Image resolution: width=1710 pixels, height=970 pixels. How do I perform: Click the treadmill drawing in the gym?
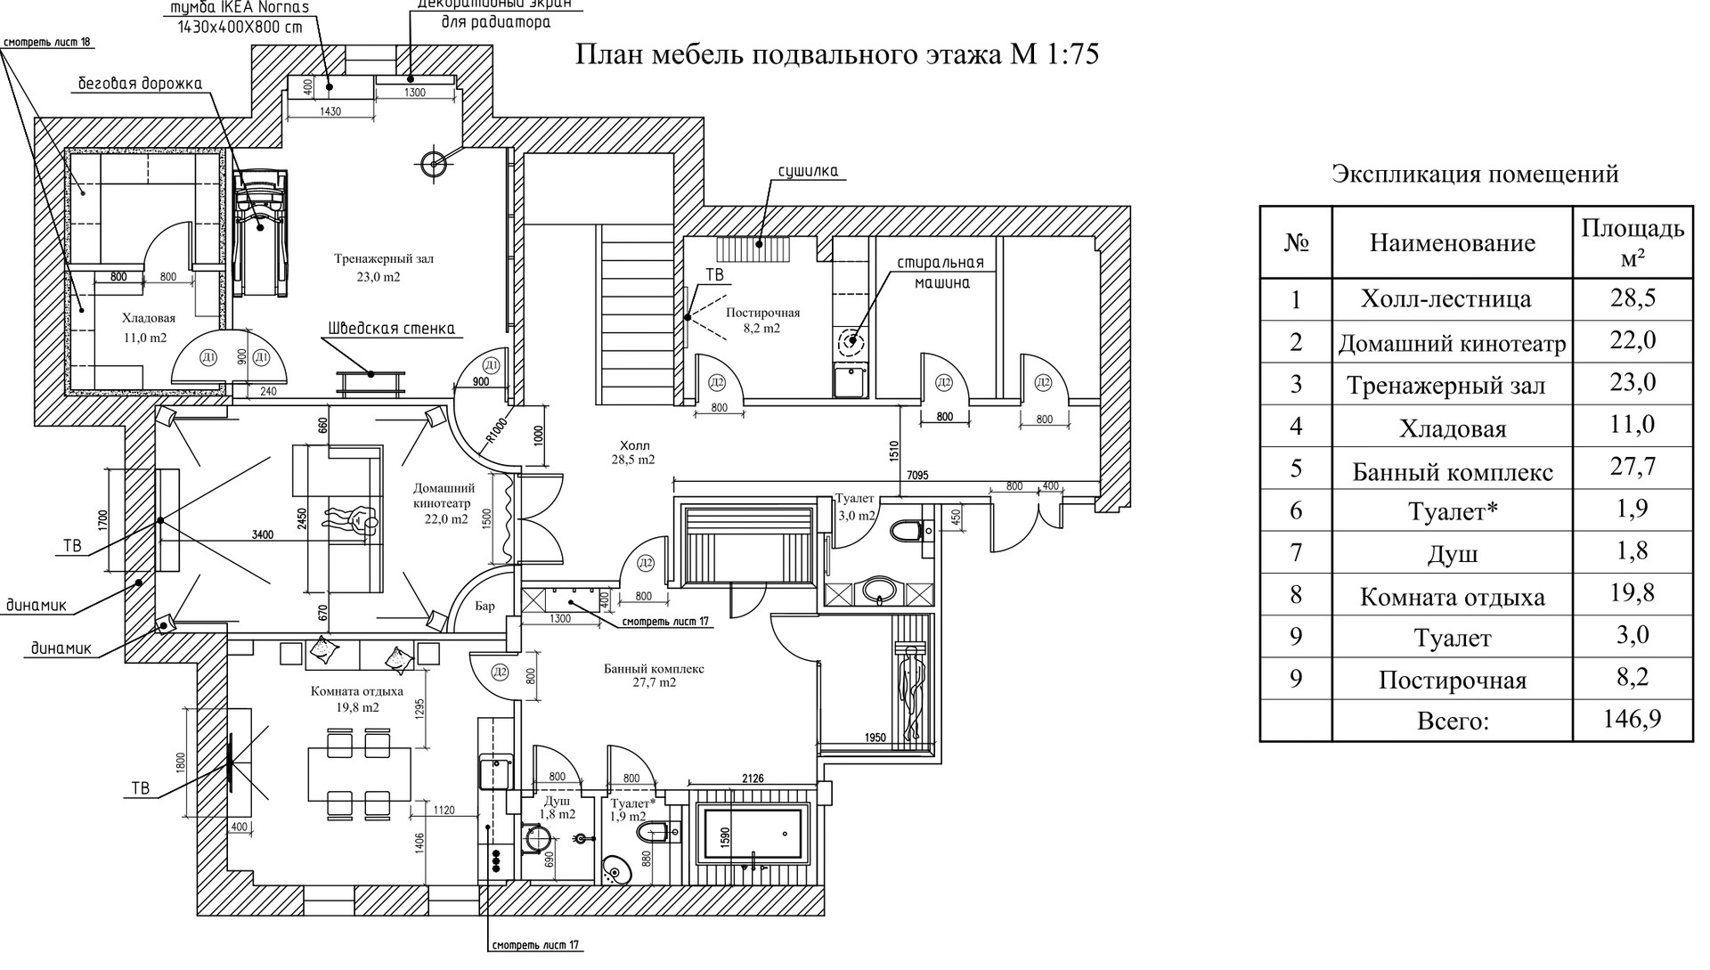260,232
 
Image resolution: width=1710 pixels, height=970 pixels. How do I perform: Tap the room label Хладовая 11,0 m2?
148,328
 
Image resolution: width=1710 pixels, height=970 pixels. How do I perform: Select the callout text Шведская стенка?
391,329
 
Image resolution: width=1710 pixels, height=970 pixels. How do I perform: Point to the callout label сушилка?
808,171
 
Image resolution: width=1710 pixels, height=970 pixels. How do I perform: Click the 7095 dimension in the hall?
917,476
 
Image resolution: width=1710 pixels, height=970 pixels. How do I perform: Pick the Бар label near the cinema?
484,607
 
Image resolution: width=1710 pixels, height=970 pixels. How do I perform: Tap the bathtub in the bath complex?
753,834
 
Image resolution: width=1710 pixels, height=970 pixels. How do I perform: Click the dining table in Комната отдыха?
359,773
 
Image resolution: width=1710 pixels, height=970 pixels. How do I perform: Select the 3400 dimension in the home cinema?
262,534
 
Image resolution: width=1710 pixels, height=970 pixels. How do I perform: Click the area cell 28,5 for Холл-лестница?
1632,298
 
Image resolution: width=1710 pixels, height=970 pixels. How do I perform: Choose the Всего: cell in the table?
1452,721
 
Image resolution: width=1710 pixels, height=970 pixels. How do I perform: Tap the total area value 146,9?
1632,719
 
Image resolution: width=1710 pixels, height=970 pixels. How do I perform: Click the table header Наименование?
1452,242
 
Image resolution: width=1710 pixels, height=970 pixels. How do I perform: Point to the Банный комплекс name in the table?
1452,471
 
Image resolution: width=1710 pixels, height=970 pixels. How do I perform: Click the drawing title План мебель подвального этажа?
837,55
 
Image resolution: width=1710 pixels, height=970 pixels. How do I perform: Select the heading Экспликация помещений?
1475,174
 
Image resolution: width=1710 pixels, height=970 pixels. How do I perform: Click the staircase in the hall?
636,312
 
